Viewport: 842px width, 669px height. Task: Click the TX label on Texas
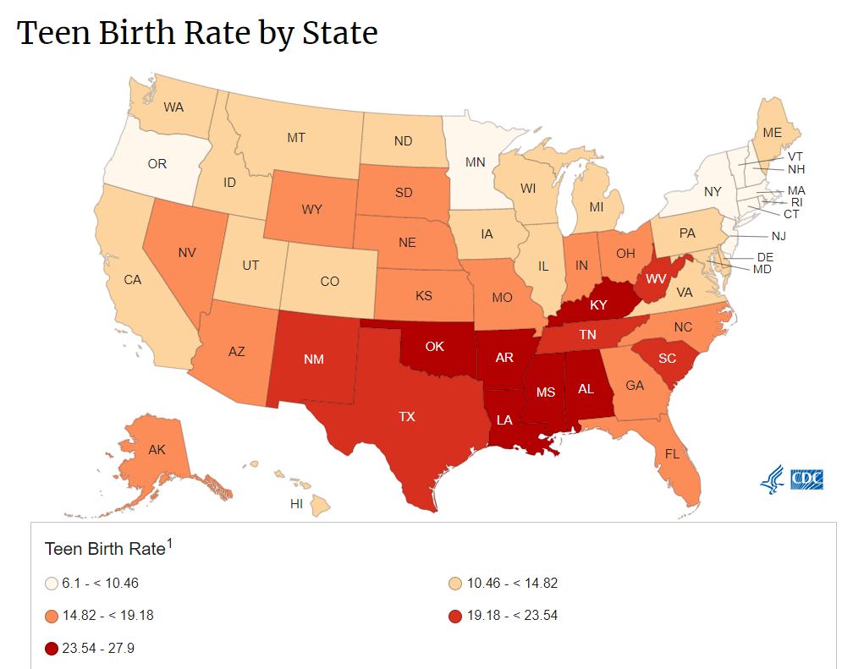(x=408, y=416)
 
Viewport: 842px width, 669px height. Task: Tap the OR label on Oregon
(x=157, y=164)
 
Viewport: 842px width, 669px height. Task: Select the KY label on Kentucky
(x=599, y=305)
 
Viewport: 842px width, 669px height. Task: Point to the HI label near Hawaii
(x=296, y=503)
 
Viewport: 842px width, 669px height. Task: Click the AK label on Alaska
(x=157, y=450)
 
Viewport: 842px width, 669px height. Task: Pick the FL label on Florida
(x=672, y=454)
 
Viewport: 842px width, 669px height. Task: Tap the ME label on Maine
(x=772, y=133)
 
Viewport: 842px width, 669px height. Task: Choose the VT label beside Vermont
(x=795, y=156)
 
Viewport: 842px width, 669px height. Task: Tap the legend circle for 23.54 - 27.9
(x=52, y=649)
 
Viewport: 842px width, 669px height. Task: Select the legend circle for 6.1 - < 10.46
(x=52, y=583)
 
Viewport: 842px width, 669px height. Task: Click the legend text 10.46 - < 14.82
(x=512, y=583)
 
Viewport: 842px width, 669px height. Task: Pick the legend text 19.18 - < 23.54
(x=512, y=616)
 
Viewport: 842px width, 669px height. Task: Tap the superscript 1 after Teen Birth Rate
(x=168, y=544)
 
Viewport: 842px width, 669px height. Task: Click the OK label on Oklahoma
(x=434, y=346)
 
